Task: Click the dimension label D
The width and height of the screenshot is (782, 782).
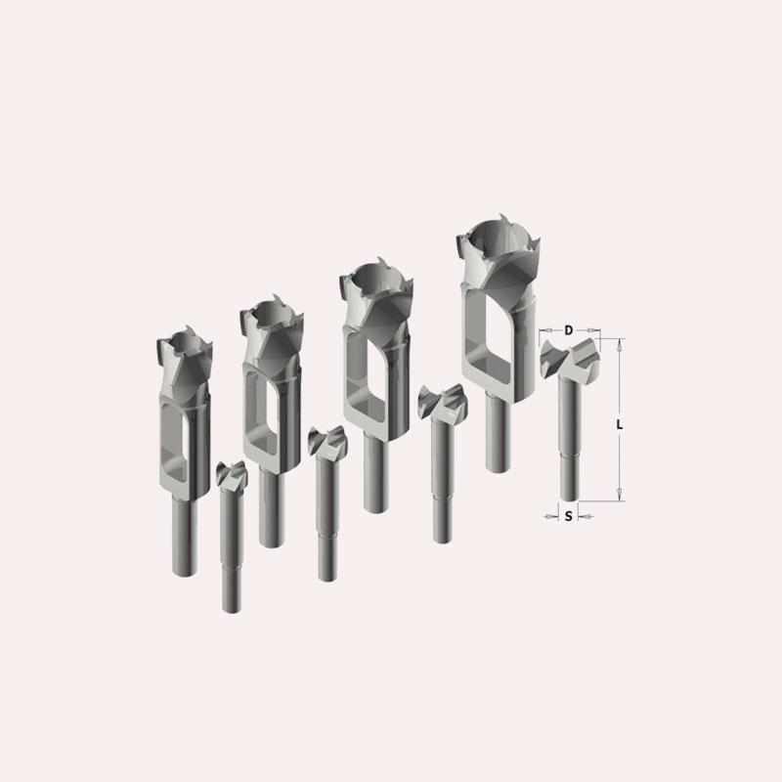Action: click(x=569, y=330)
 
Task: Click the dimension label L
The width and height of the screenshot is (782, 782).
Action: click(x=620, y=425)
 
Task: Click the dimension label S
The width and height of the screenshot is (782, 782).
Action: click(x=569, y=517)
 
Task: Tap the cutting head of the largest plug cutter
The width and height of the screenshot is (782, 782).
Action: click(x=498, y=254)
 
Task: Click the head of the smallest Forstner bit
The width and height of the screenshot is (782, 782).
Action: click(x=232, y=474)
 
